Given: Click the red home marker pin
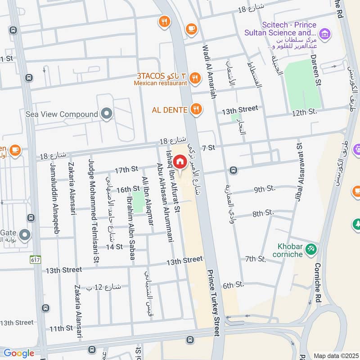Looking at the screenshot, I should [x=180, y=162].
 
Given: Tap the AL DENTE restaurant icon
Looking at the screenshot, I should [x=196, y=108].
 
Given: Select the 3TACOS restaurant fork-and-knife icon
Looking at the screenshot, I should [x=194, y=77].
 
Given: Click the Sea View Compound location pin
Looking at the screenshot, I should [x=107, y=114].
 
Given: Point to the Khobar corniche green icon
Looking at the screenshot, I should [x=310, y=248].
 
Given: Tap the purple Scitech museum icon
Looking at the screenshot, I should [x=324, y=33].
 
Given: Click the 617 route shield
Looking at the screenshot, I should [x=35, y=260].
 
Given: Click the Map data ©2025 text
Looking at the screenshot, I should [x=335, y=355].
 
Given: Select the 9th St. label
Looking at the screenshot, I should [x=264, y=189].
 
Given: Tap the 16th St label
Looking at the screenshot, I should [x=128, y=189].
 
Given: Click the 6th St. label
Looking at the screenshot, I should [x=233, y=285].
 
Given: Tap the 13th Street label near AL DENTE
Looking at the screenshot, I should [x=240, y=109].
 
